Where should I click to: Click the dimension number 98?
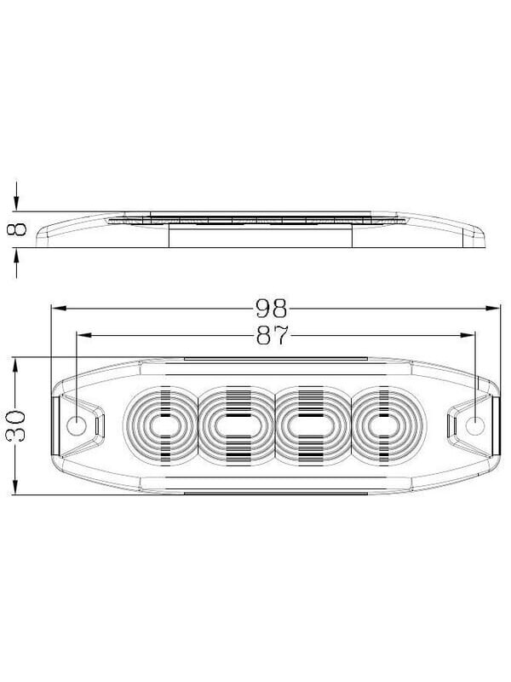[x=271, y=309]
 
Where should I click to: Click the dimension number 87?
[x=273, y=335]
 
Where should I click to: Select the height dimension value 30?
[x=16, y=425]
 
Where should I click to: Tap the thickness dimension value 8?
[x=17, y=229]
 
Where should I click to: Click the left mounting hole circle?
[x=77, y=425]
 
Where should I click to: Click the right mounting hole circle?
[x=475, y=425]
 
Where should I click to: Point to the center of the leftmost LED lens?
[x=161, y=425]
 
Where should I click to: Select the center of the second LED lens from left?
[x=238, y=425]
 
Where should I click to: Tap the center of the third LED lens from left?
[x=313, y=425]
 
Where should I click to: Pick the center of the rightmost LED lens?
[x=387, y=425]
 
